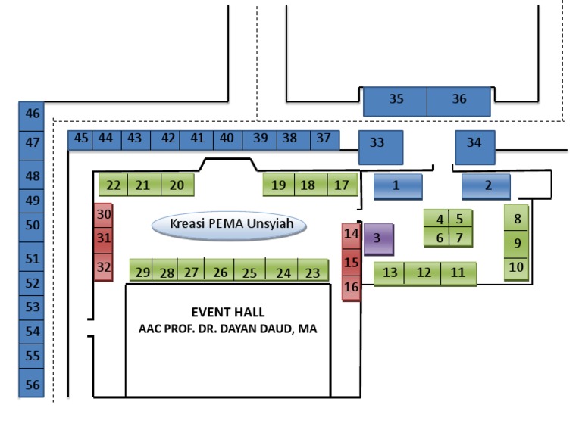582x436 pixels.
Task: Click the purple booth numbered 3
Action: [378, 239]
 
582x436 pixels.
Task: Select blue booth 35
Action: [395, 101]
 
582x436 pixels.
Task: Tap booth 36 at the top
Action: [458, 101]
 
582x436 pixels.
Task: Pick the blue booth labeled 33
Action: [381, 147]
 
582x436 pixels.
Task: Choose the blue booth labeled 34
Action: [475, 147]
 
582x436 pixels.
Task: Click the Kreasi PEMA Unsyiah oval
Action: [229, 225]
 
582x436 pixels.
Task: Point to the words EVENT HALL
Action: [228, 312]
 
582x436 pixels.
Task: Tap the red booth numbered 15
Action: [351, 263]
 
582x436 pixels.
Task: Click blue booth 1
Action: [398, 186]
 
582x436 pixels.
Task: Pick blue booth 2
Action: [486, 186]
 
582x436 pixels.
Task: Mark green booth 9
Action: [516, 244]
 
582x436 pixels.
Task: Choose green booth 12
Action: [422, 273]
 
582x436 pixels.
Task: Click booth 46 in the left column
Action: [31, 116]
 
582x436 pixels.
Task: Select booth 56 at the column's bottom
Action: [31, 383]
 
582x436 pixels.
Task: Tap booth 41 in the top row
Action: [196, 140]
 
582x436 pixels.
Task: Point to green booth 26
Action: [219, 270]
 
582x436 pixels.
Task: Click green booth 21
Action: [145, 184]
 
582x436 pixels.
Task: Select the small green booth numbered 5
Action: [460, 218]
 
